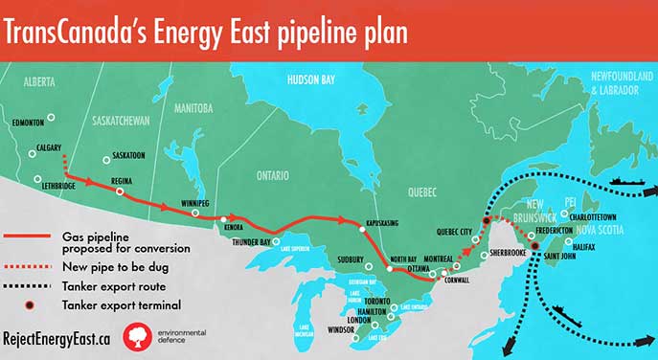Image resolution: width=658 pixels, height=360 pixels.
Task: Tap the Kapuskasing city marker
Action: (x=361, y=228)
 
